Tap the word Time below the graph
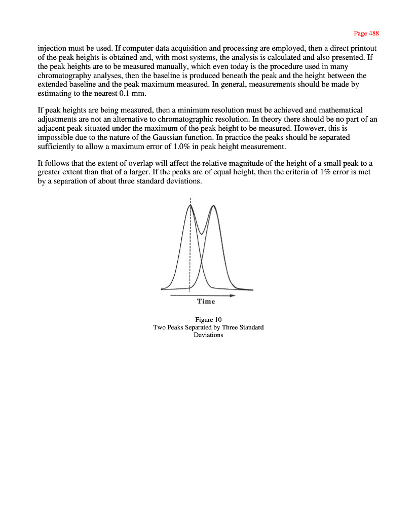[x=206, y=302]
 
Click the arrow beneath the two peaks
[x=203, y=295]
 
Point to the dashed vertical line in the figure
[x=191, y=248]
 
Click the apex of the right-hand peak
[x=214, y=206]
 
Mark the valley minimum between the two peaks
[x=202, y=234]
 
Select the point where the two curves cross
[x=202, y=262]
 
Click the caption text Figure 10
[x=208, y=319]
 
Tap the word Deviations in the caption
[x=208, y=335]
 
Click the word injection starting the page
[x=53, y=48]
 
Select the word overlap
[x=125, y=164]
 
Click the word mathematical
[x=339, y=110]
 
